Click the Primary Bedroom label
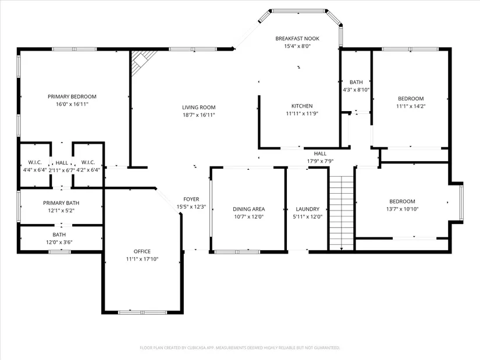(72, 97)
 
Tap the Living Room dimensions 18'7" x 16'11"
(199, 115)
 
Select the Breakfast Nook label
(297, 38)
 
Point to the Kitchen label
(302, 106)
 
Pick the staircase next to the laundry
(342, 213)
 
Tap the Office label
(142, 251)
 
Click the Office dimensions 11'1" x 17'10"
(142, 259)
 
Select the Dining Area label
(248, 209)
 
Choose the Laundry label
(308, 209)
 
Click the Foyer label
(191, 199)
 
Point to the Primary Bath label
(61, 202)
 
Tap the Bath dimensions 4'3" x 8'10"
(356, 90)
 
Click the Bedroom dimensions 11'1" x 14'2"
(411, 106)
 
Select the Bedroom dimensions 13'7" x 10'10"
(402, 209)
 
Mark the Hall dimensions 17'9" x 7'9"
(320, 161)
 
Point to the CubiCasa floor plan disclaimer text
(240, 348)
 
